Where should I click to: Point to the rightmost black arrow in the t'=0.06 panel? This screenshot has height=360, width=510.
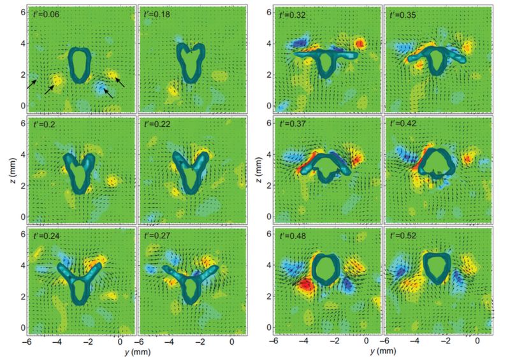point(119,81)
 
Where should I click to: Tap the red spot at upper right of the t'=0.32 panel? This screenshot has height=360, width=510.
point(361,44)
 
